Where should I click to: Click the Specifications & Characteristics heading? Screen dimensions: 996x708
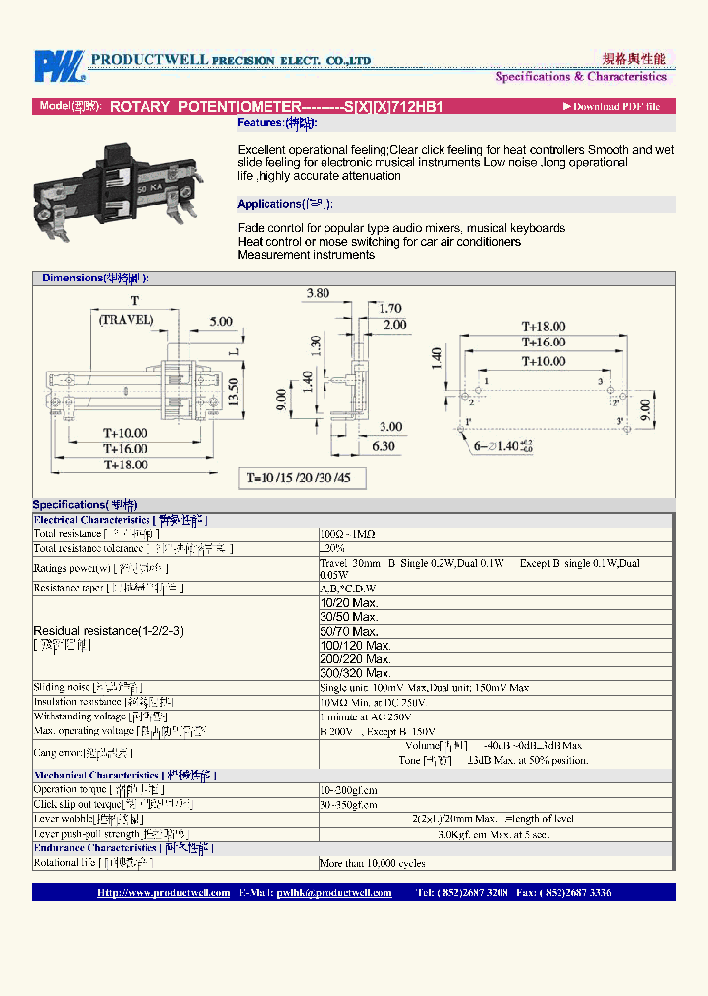click(580, 77)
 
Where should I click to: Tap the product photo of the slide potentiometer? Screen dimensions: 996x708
click(129, 188)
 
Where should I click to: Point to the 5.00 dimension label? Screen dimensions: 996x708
click(221, 322)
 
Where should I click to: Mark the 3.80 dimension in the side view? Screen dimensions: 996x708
click(317, 293)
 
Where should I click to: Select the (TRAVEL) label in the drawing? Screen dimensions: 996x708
click(126, 320)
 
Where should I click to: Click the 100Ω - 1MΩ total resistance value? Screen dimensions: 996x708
click(347, 533)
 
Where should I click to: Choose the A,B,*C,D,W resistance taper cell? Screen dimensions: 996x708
click(348, 589)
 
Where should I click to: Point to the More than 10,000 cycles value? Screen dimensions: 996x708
click(372, 863)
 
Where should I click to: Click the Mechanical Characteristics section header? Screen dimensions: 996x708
click(124, 776)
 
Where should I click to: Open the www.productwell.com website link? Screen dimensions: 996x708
click(163, 893)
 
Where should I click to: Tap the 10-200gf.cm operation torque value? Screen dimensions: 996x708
click(348, 790)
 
